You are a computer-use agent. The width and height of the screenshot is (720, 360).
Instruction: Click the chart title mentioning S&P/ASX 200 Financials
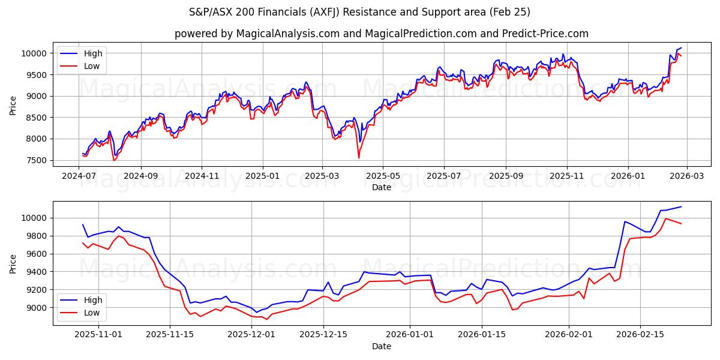pyautogui.click(x=360, y=12)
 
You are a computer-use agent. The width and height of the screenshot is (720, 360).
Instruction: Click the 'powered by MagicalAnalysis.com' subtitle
pyautogui.click(x=381, y=34)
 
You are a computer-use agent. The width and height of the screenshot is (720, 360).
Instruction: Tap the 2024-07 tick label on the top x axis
pyautogui.click(x=79, y=176)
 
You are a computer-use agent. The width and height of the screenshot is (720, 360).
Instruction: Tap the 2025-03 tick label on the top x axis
pyautogui.click(x=322, y=176)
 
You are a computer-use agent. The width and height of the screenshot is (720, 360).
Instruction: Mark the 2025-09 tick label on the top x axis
pyautogui.click(x=505, y=176)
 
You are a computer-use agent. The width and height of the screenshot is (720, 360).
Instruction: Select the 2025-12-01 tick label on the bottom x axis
pyautogui.click(x=252, y=335)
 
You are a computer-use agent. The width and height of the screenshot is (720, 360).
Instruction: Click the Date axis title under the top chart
pyautogui.click(x=381, y=187)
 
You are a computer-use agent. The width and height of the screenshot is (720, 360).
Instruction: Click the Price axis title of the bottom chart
pyautogui.click(x=13, y=263)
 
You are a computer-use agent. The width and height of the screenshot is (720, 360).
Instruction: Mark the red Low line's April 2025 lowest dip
pyautogui.click(x=359, y=158)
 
